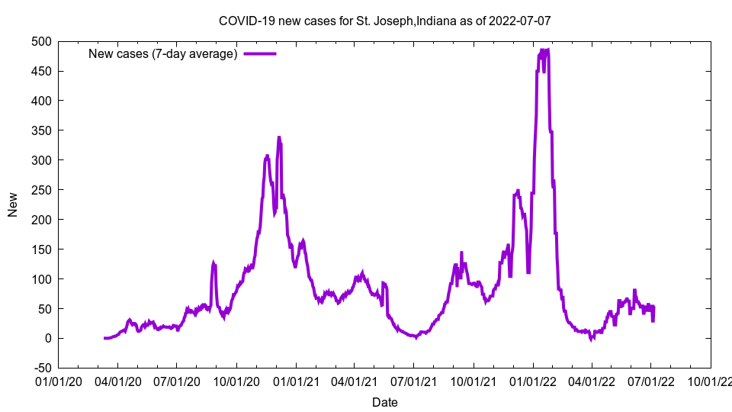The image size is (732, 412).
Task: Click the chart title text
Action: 384,21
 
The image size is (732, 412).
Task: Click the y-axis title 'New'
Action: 13,204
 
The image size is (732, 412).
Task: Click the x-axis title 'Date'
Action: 384,401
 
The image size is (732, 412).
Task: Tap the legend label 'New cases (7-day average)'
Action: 163,53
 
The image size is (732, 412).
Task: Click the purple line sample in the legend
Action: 259,53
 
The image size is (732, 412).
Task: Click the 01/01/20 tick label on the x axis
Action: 58,381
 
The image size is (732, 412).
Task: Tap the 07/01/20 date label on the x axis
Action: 177,381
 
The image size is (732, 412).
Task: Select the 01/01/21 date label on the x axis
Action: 295,381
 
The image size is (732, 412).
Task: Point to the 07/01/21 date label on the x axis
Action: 414,381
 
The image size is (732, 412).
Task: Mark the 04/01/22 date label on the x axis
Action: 592,381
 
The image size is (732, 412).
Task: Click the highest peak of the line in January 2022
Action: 544,50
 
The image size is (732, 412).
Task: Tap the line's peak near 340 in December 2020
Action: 279,137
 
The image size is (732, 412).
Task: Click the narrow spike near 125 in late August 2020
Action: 213,264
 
